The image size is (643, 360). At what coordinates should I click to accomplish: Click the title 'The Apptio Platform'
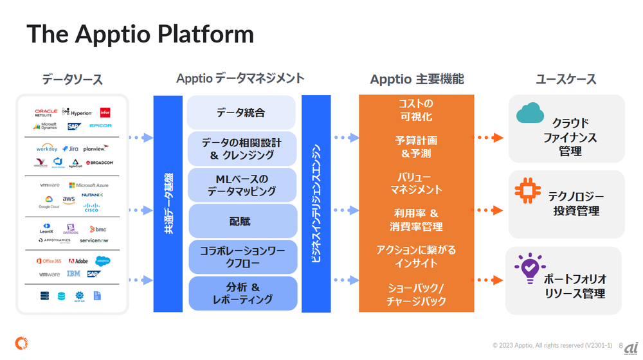tap(140, 34)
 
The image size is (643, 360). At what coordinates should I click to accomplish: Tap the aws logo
tap(69, 200)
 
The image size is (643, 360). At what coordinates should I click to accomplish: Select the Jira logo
tap(70, 148)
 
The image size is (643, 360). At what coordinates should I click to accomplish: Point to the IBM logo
tap(73, 274)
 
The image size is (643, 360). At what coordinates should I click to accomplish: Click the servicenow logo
tap(93, 240)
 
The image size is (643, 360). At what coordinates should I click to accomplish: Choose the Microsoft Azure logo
tap(89, 185)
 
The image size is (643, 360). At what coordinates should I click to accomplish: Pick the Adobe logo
tap(78, 261)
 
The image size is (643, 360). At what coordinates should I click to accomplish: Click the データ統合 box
tap(241, 113)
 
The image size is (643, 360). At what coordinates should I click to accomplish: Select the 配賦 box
tap(242, 221)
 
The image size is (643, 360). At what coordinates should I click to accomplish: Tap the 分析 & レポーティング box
tap(242, 293)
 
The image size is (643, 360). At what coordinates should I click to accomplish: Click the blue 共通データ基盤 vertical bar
tap(168, 203)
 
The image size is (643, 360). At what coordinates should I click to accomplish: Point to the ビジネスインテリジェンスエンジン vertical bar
tap(316, 203)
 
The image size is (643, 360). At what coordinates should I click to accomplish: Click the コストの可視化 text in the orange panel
tap(416, 110)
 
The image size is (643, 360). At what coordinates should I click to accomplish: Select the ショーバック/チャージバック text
tap(416, 294)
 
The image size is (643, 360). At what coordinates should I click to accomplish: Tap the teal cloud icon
tap(530, 114)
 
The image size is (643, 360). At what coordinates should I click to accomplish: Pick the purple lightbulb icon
tap(530, 269)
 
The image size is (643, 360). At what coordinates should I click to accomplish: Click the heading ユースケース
tap(566, 79)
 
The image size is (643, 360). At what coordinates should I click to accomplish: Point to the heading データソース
tap(72, 80)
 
